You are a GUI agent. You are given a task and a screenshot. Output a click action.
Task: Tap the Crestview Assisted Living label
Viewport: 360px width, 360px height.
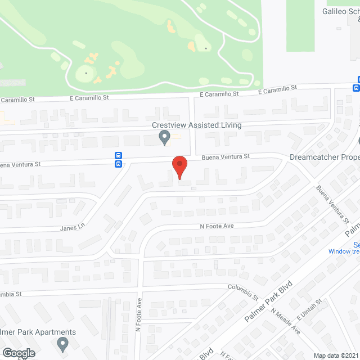tap(196, 125)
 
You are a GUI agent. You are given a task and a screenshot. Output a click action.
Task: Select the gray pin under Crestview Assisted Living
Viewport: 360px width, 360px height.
tap(164, 137)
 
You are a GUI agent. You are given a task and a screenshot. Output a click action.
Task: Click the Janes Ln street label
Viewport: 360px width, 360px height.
tap(73, 227)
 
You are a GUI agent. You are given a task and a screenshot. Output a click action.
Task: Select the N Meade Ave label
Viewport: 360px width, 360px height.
tap(285, 322)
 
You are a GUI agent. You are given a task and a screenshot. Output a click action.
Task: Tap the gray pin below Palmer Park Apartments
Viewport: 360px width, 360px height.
tap(62, 343)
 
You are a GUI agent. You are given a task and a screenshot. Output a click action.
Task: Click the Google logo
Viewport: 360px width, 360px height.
tap(18, 353)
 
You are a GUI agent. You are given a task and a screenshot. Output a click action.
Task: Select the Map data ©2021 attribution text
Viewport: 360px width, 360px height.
tap(336, 355)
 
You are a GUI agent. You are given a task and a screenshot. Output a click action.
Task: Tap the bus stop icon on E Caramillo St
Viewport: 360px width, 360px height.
tap(357, 88)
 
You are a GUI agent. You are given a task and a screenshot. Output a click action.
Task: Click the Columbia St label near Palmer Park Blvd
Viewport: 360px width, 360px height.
tap(242, 291)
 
